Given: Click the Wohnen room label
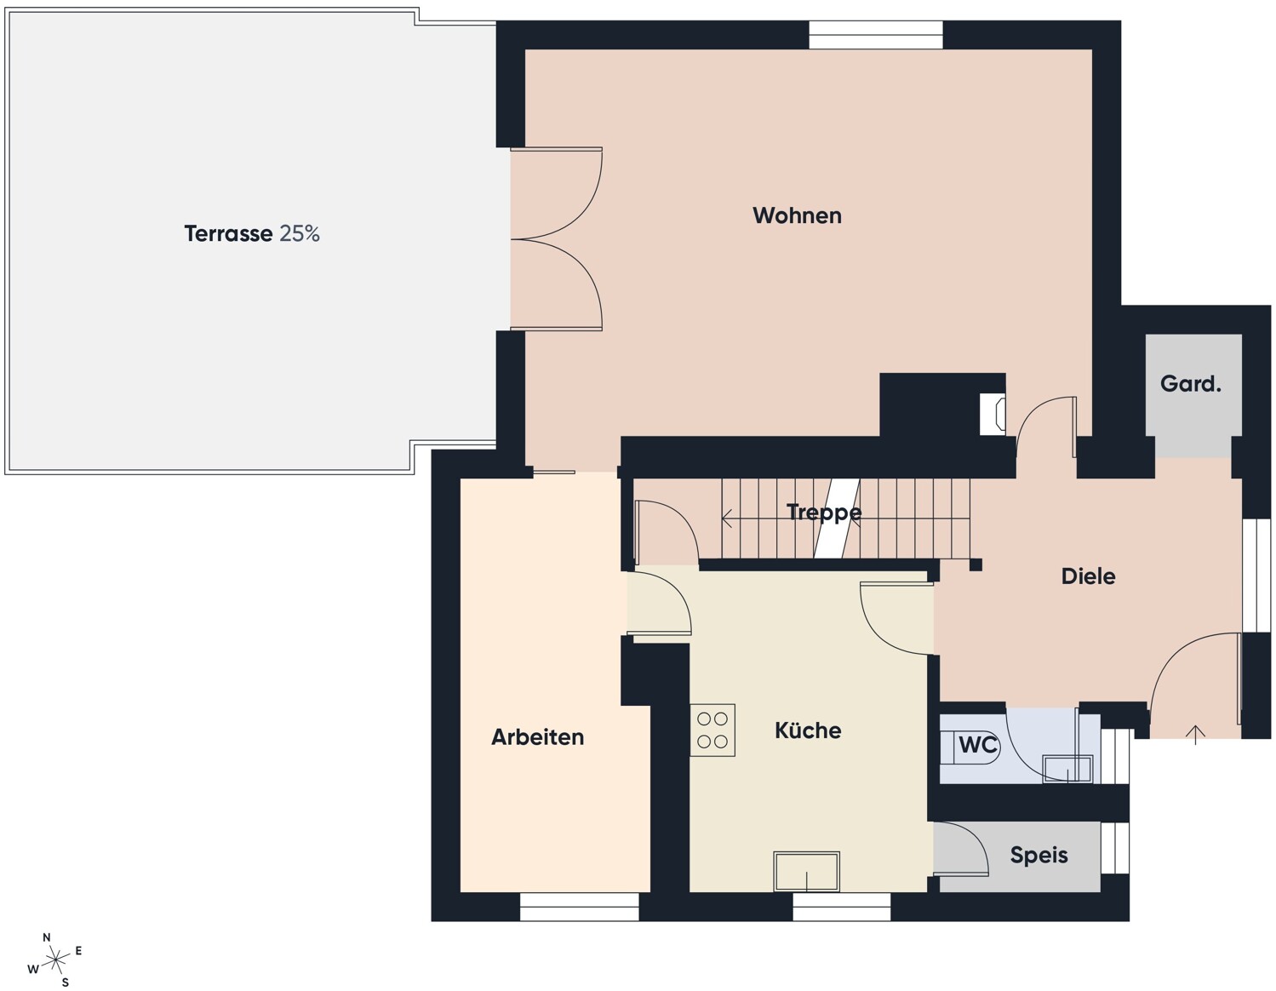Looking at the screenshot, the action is pos(797,215).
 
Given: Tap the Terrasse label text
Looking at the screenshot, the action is pos(228,233).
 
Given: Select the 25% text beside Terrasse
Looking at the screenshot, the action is pos(300,233).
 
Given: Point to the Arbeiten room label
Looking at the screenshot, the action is pos(537,737).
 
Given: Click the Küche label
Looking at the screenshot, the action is pos(808,730).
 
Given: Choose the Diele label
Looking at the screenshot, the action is pos(1088,576).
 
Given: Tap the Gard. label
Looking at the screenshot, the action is pos(1190,384).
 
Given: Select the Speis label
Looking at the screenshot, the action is pos(1039,856).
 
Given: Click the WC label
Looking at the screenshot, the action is pos(978,745).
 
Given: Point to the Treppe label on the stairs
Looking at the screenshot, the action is pos(824,513).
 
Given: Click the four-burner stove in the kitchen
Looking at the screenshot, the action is pos(712,730).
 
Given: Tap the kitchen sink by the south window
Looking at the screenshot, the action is pos(806,871).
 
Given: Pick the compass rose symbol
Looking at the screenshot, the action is pos(55,960).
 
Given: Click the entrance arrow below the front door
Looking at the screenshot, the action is pos(1195,735).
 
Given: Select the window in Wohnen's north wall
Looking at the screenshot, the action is pos(876,35).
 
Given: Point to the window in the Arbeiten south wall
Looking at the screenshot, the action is pos(580,907).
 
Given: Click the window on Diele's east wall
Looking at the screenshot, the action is pos(1256,576).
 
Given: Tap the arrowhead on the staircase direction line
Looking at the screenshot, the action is pos(727,518).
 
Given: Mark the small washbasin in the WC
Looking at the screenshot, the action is pos(1067,769).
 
